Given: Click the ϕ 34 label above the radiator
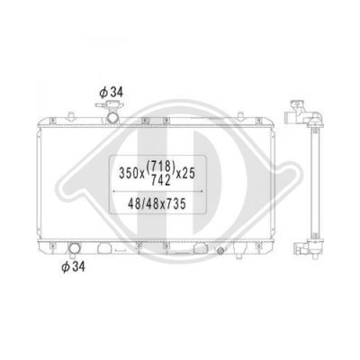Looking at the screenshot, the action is tap(111, 93).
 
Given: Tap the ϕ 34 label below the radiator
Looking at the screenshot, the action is tap(73, 266).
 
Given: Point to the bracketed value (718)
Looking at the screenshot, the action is tap(160, 166).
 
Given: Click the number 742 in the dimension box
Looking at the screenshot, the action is tap(161, 180).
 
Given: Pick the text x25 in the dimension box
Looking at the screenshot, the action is tap(185, 174).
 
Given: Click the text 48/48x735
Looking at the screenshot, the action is tap(157, 204).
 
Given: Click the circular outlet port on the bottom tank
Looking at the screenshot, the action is tap(74, 248).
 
